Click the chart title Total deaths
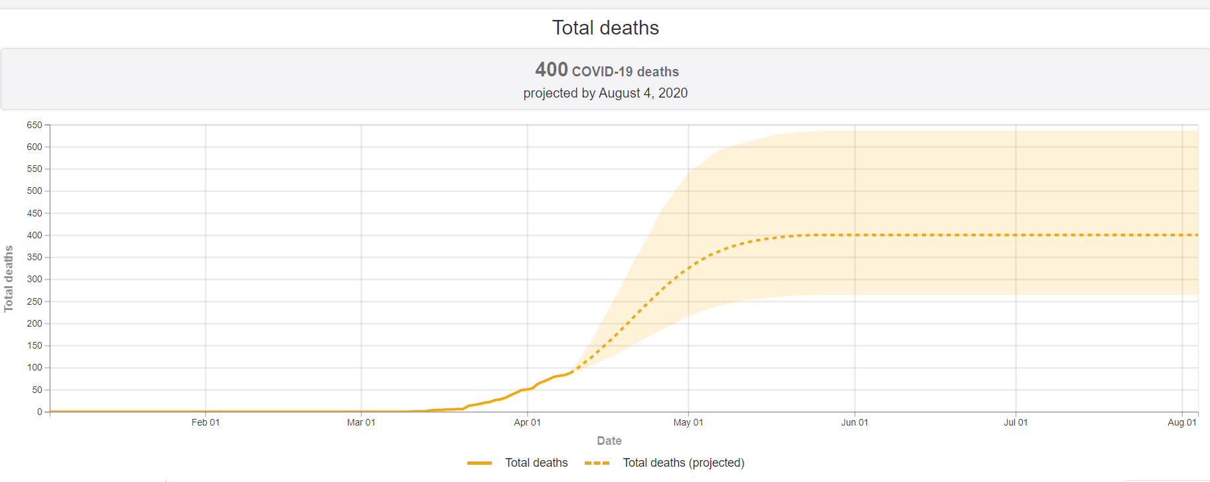tap(605, 28)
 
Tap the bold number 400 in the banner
tap(552, 70)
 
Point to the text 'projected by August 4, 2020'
tap(605, 93)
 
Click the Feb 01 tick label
tap(206, 422)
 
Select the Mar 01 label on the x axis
tap(361, 422)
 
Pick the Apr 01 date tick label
tap(527, 422)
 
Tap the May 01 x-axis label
tap(688, 422)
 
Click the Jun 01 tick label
tap(854, 422)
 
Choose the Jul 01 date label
tap(1016, 422)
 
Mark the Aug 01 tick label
tap(1182, 422)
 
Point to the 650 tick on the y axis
tap(35, 125)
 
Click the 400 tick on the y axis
tap(35, 235)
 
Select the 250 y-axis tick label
tap(35, 301)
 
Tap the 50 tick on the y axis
tap(37, 390)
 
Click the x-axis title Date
tap(609, 441)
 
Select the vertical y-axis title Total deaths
tap(9, 279)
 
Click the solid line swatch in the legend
tap(479, 463)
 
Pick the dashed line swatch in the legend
tap(597, 463)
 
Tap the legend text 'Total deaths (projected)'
tap(684, 463)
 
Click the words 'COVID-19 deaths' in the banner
tap(625, 72)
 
